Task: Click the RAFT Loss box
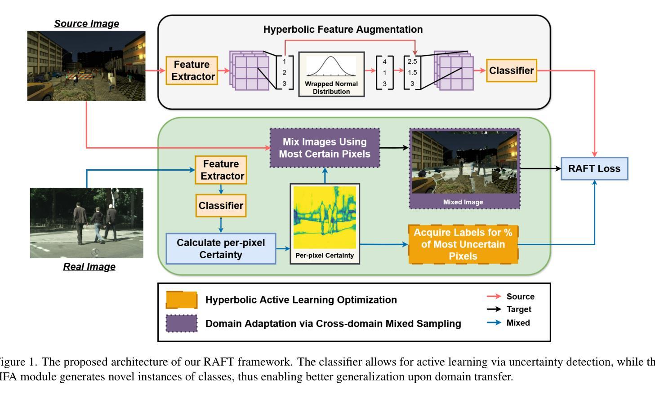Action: pyautogui.click(x=594, y=168)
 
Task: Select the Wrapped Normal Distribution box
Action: pyautogui.click(x=331, y=74)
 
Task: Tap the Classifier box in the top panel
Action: pyautogui.click(x=512, y=71)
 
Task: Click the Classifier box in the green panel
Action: pyautogui.click(x=221, y=206)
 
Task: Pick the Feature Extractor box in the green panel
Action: pyautogui.click(x=221, y=170)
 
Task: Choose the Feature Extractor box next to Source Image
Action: pyautogui.click(x=192, y=71)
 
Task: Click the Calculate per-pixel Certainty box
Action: pyautogui.click(x=221, y=249)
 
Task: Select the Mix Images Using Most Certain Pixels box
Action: pyautogui.click(x=325, y=148)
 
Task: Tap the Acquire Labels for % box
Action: pyautogui.click(x=463, y=244)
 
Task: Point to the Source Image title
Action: pyautogui.click(x=87, y=24)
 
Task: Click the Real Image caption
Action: pyautogui.click(x=89, y=267)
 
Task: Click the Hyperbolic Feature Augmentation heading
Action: pyautogui.click(x=343, y=30)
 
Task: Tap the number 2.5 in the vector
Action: pyautogui.click(x=412, y=62)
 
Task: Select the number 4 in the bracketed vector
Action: pyautogui.click(x=384, y=62)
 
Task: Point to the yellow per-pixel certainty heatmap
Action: pyautogui.click(x=325, y=218)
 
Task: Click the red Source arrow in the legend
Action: pyautogui.click(x=494, y=296)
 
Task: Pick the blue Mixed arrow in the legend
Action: pyautogui.click(x=494, y=322)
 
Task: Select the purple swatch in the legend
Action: pyautogui.click(x=182, y=323)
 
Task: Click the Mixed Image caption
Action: pyautogui.click(x=463, y=202)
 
